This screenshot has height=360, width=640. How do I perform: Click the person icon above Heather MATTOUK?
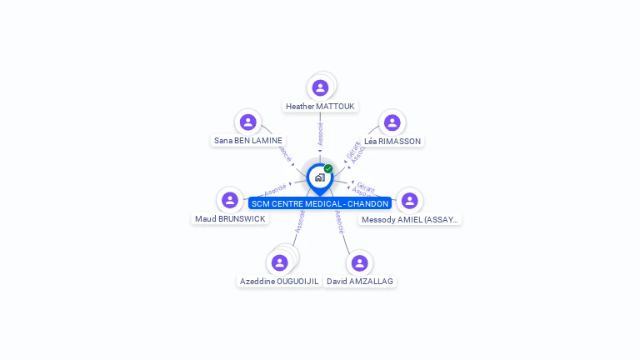[320, 87]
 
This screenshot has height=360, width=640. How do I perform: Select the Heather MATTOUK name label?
[320, 107]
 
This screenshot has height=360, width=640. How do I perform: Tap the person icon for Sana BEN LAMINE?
[247, 122]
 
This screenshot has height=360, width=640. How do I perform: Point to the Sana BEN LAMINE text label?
[248, 141]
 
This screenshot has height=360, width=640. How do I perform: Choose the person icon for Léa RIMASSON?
[392, 122]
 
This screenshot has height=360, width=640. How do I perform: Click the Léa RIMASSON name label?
[392, 142]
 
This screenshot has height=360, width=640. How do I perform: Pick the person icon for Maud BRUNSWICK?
[229, 200]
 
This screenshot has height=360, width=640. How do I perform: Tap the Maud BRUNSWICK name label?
[230, 219]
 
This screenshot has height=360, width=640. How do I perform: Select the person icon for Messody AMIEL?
[409, 200]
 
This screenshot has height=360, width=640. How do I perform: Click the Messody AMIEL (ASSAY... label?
[409, 220]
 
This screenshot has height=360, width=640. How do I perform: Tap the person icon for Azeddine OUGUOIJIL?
[279, 262]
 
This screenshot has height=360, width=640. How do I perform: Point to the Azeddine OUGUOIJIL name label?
[279, 282]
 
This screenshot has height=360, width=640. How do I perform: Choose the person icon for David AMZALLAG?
[359, 262]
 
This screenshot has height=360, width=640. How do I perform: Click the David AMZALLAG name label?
[360, 282]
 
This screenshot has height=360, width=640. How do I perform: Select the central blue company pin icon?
[319, 177]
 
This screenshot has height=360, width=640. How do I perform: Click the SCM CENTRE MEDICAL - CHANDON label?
[320, 203]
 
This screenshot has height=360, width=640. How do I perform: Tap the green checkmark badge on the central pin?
[328, 168]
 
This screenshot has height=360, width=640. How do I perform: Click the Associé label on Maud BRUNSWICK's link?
[275, 189]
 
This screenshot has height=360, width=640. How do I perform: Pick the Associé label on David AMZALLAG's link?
[339, 222]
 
